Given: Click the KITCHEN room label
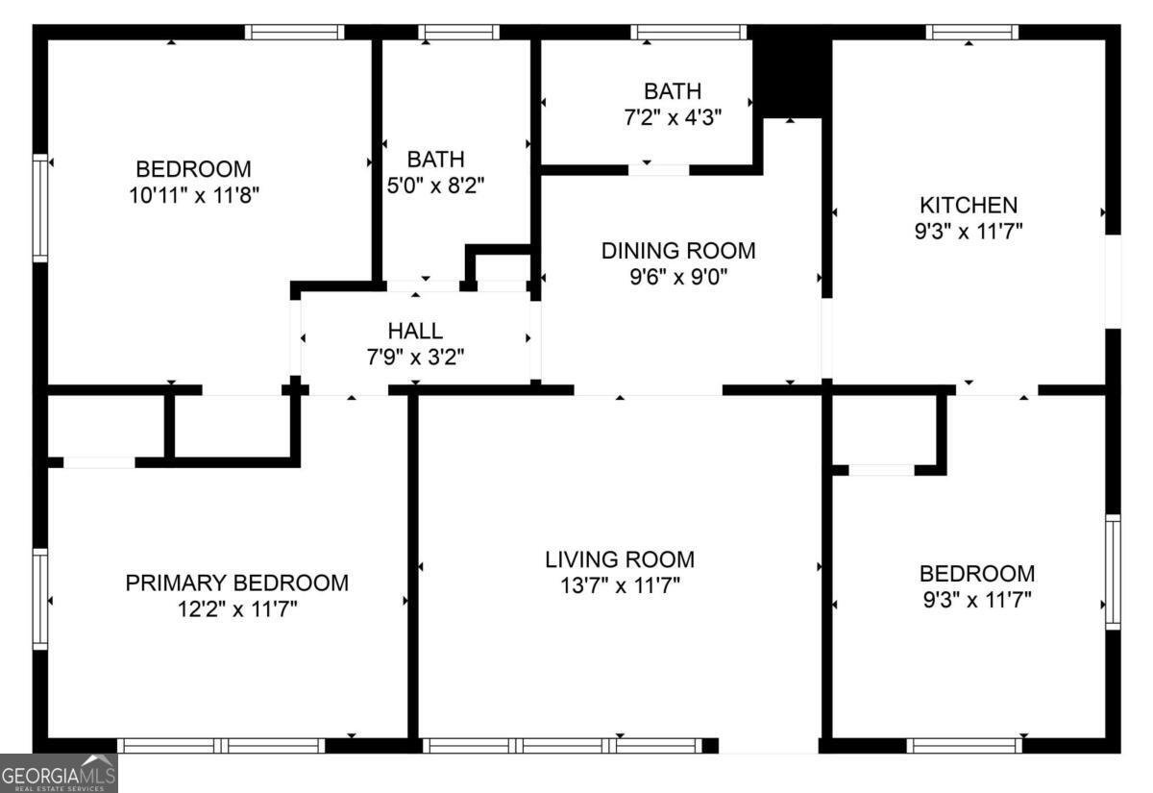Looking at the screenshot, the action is pyautogui.click(x=969, y=206).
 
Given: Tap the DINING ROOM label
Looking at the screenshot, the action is pyautogui.click(x=678, y=251).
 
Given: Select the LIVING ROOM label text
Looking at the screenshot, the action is pyautogui.click(x=620, y=559).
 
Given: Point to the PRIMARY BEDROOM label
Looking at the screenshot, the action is pyautogui.click(x=237, y=582).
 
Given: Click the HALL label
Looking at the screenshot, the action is pyautogui.click(x=415, y=331).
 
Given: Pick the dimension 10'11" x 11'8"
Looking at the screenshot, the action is pyautogui.click(x=193, y=195).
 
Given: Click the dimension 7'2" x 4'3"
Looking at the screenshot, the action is pyautogui.click(x=673, y=117).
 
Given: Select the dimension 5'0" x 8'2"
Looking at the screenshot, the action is pyautogui.click(x=435, y=185).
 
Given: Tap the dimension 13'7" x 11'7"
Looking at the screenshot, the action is pyautogui.click(x=620, y=585).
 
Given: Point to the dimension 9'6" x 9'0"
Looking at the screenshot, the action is pyautogui.click(x=678, y=277).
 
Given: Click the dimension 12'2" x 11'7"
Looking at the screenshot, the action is pyautogui.click(x=237, y=609).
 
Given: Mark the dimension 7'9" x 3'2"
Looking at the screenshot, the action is pyautogui.click(x=415, y=357).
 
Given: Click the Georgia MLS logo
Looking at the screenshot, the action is pyautogui.click(x=59, y=774).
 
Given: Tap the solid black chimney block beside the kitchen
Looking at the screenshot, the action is pyautogui.click(x=792, y=71).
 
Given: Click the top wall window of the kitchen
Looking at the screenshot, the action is pyautogui.click(x=971, y=32).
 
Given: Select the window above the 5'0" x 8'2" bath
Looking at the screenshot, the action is pyautogui.click(x=458, y=32).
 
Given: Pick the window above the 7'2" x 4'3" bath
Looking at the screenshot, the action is pyautogui.click(x=689, y=32).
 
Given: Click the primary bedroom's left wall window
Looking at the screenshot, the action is pyautogui.click(x=40, y=599).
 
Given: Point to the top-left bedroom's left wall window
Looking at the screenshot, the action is pyautogui.click(x=40, y=208).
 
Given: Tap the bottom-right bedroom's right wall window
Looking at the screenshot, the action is pyautogui.click(x=1113, y=572).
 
